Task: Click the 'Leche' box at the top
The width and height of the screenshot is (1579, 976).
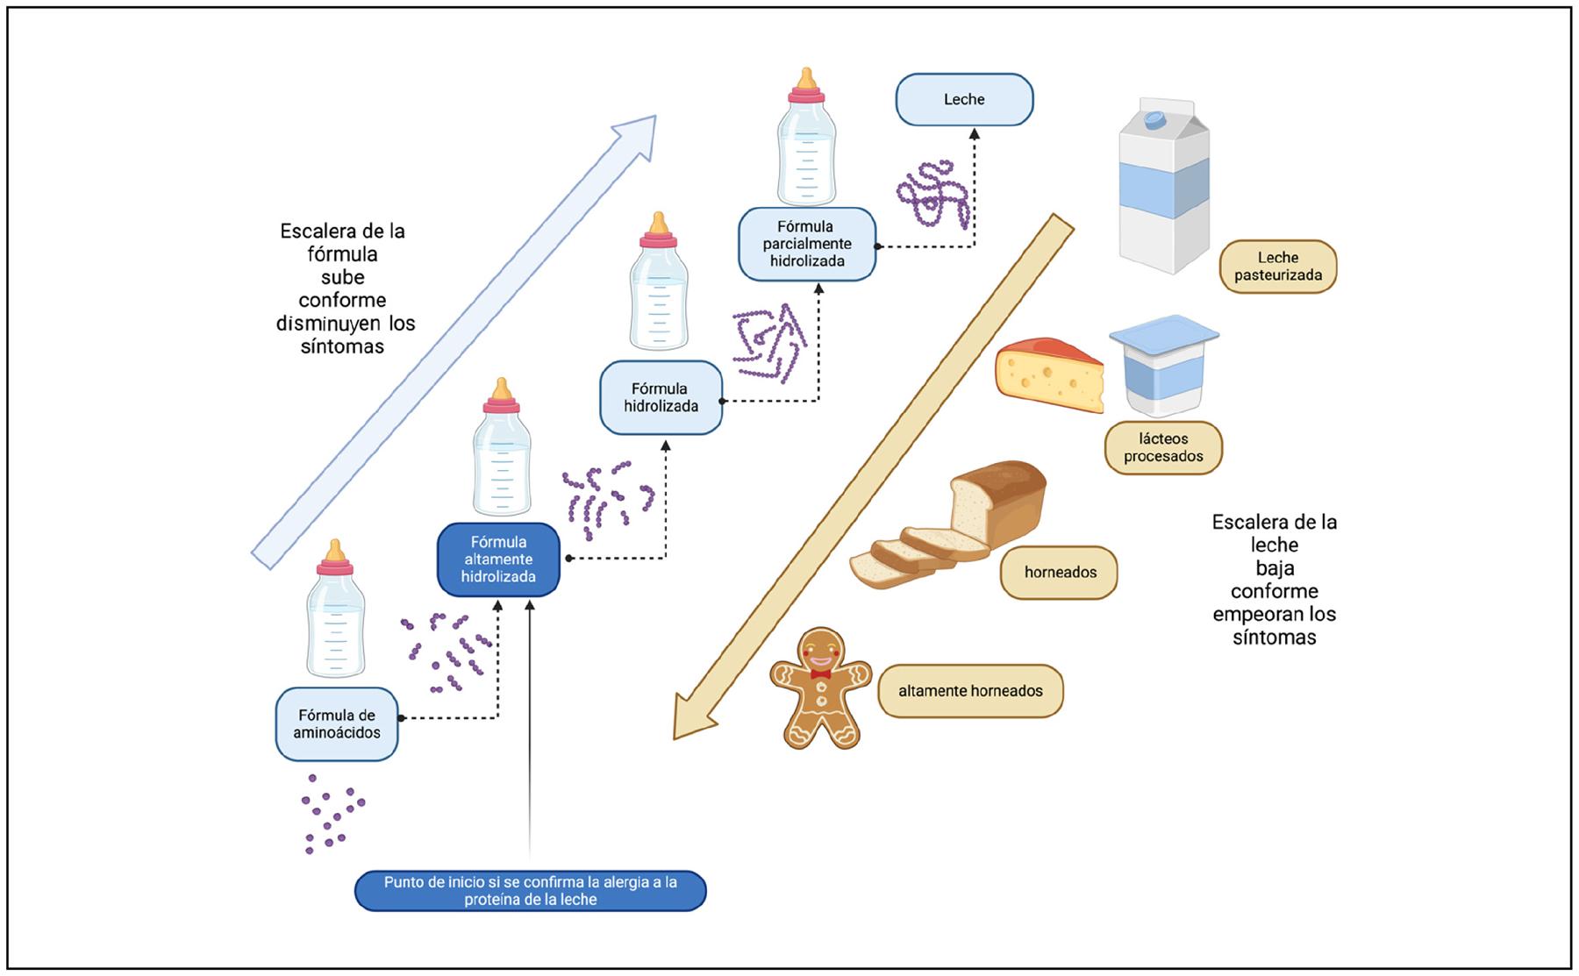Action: pyautogui.click(x=964, y=99)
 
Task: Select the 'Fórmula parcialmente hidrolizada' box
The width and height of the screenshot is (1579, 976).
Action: pyautogui.click(x=807, y=244)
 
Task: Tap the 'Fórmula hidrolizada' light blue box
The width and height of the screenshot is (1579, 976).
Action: pyautogui.click(x=661, y=397)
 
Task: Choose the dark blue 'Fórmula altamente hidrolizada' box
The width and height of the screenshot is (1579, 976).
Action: pyautogui.click(x=498, y=559)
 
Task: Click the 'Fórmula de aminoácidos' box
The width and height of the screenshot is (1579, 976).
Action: pyautogui.click(x=337, y=723)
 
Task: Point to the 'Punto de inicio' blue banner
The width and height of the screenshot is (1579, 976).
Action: pyautogui.click(x=530, y=891)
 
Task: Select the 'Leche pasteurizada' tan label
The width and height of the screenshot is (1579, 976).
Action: pyautogui.click(x=1277, y=267)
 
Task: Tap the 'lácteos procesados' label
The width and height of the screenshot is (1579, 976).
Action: pyautogui.click(x=1163, y=447)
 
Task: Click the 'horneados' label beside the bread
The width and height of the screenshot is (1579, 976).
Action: pyautogui.click(x=1060, y=573)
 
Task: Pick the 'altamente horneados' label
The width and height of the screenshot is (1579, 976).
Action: pyautogui.click(x=970, y=691)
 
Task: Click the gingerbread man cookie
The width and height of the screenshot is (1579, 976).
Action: pyautogui.click(x=821, y=689)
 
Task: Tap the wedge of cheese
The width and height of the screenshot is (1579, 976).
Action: pyautogui.click(x=1049, y=375)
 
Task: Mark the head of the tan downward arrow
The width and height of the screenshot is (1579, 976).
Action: pyautogui.click(x=680, y=731)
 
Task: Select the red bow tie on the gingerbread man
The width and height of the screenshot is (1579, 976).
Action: pyautogui.click(x=821, y=674)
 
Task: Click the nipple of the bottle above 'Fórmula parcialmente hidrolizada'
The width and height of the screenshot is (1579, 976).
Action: pyautogui.click(x=806, y=80)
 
